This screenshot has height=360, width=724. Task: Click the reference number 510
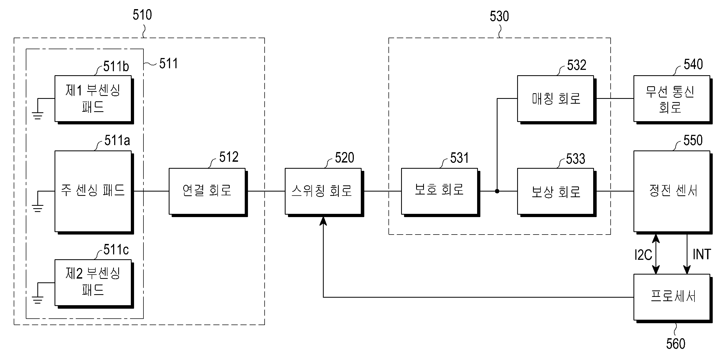[142, 15]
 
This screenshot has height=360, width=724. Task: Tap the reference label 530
[499, 16]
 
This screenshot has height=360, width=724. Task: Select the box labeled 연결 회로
[207, 191]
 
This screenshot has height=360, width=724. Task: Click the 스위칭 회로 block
[323, 191]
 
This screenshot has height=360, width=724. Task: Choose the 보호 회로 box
[439, 191]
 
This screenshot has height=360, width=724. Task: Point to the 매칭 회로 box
[556, 98]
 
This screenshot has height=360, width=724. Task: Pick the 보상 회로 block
[556, 191]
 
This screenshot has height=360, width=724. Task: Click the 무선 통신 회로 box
[671, 98]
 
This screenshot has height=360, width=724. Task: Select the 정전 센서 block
[671, 191]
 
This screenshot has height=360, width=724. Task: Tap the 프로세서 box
[671, 297]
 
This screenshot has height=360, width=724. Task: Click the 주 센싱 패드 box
[93, 191]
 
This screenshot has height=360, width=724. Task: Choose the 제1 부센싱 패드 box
[93, 98]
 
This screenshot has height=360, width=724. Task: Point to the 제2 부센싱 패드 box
[93, 282]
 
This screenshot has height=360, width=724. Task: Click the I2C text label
[643, 255]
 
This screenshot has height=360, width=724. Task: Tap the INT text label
[701, 254]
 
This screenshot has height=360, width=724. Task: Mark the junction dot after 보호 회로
[497, 191]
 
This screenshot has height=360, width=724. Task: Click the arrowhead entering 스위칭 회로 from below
[323, 221]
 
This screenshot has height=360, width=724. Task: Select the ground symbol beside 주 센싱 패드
[37, 208]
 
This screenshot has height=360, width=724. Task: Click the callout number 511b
[116, 67]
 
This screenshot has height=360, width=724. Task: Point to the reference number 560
[676, 344]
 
